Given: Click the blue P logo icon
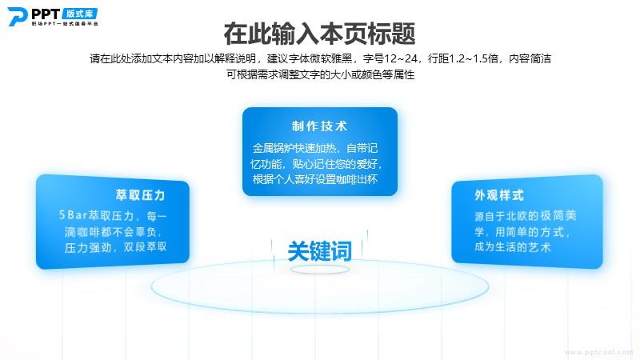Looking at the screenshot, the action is pyautogui.click(x=17, y=16).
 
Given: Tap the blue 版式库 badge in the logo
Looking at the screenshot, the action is pyautogui.click(x=80, y=14).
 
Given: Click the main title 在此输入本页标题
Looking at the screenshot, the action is pyautogui.click(x=319, y=34).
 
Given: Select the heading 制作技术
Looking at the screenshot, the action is pyautogui.click(x=319, y=126).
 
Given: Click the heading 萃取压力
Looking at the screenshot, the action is pyautogui.click(x=141, y=195).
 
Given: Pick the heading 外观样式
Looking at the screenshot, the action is pyautogui.click(x=499, y=195).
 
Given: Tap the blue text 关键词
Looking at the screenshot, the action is pyautogui.click(x=319, y=250).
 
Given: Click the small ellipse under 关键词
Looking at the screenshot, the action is pyautogui.click(x=320, y=270).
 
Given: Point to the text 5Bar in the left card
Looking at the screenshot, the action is pyautogui.click(x=73, y=215).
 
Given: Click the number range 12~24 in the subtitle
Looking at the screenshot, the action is pyautogui.click(x=402, y=58).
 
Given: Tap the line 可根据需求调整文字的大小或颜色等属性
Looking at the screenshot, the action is pyautogui.click(x=321, y=74).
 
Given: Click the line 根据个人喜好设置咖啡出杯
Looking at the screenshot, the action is pyautogui.click(x=315, y=179).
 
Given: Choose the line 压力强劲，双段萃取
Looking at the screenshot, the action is pyautogui.click(x=115, y=247).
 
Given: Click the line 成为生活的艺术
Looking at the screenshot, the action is pyautogui.click(x=513, y=247).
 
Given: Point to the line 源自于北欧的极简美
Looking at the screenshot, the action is pyautogui.click(x=526, y=215).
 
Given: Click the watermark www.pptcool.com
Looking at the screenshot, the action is pyautogui.click(x=598, y=352).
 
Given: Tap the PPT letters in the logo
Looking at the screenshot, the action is pyautogui.click(x=46, y=14).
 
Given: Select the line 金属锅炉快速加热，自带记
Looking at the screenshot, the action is pyautogui.click(x=315, y=148).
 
